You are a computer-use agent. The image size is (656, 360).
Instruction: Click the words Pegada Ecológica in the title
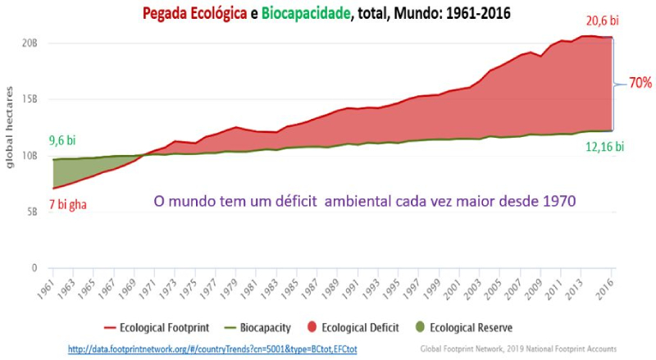click(x=194, y=14)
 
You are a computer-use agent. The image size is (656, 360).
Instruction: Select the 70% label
click(x=640, y=83)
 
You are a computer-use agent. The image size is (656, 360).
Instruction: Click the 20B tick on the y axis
click(x=30, y=43)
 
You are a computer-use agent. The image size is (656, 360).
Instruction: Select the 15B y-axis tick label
click(x=30, y=99)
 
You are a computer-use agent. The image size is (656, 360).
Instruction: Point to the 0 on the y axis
click(x=35, y=268)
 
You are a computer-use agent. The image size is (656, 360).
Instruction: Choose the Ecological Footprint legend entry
click(x=156, y=327)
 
